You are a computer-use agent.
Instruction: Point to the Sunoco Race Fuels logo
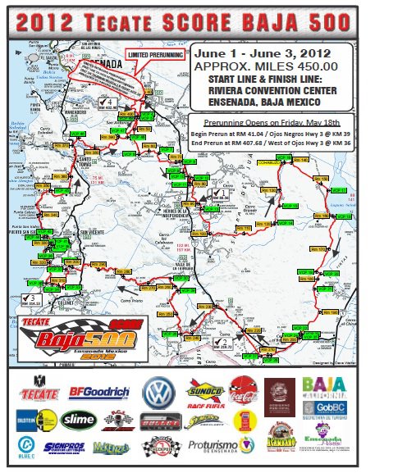[205, 392]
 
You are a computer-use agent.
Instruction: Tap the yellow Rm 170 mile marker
[326, 247]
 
